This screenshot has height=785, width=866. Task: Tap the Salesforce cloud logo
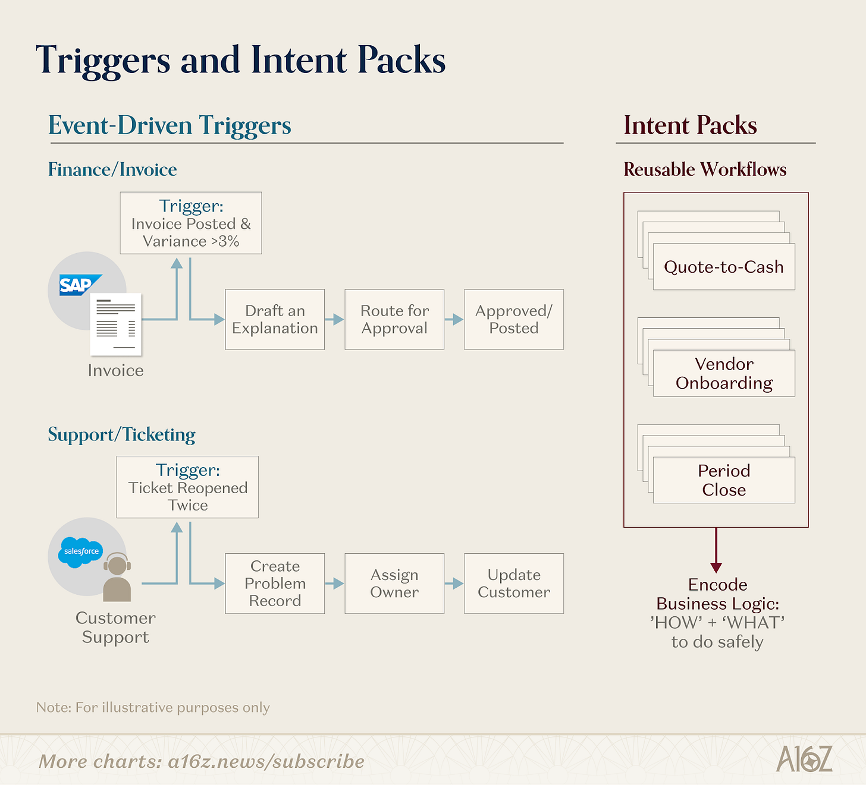click(81, 551)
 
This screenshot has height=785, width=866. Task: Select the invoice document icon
click(116, 324)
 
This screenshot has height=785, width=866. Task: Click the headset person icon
click(117, 578)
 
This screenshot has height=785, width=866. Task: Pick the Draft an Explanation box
click(275, 320)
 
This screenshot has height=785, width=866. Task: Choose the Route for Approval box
click(394, 320)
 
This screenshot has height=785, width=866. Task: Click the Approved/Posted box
click(514, 320)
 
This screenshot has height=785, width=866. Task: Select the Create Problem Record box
click(275, 584)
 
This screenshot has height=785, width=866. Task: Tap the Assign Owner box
click(394, 584)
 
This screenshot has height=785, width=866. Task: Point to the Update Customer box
click(514, 584)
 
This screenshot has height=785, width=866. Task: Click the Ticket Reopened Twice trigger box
click(187, 487)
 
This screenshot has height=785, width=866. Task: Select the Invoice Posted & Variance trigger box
click(191, 223)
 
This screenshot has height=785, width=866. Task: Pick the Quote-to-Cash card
click(724, 267)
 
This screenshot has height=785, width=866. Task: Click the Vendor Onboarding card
click(724, 373)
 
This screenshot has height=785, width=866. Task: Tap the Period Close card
click(724, 480)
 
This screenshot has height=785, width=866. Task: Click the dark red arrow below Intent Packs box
click(716, 550)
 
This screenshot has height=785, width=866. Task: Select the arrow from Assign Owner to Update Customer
click(454, 584)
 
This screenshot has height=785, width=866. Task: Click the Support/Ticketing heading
click(121, 435)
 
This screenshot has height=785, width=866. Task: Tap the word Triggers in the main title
click(103, 61)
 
